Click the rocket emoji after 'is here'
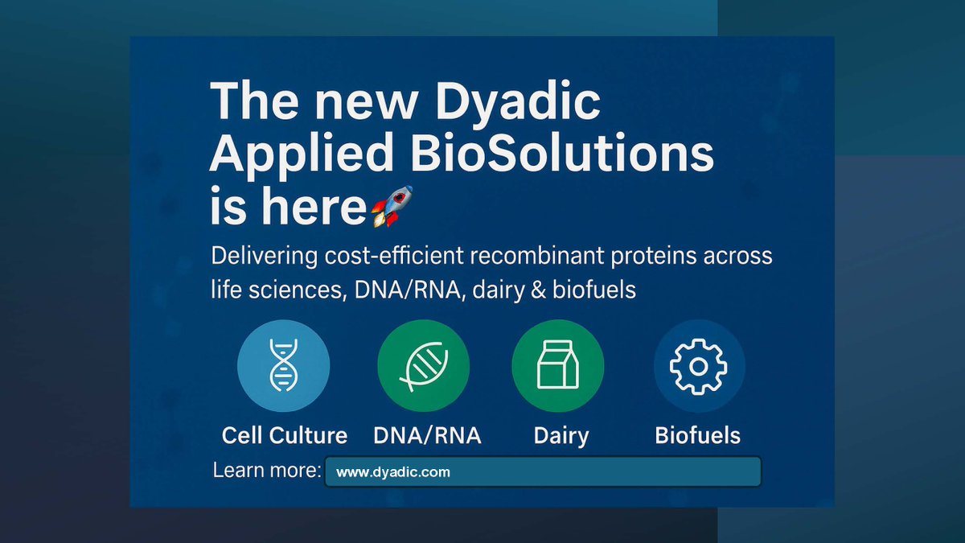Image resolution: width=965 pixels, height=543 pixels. (391, 206)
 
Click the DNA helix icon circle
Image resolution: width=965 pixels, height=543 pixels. (283, 366)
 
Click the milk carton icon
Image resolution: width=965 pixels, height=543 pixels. (557, 366)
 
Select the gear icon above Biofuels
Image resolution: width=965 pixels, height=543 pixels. (698, 366)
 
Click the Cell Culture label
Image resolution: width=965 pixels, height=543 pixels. (285, 436)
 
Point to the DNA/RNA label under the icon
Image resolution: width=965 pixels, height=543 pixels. (427, 436)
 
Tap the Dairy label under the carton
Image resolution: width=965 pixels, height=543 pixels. (561, 436)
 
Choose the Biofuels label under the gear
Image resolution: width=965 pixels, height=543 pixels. (697, 436)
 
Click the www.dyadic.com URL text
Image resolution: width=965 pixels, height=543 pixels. (392, 472)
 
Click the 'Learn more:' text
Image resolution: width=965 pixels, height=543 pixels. (267, 471)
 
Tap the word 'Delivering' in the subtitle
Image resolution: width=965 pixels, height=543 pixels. (257, 257)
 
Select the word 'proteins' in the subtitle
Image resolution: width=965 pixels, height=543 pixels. (649, 257)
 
